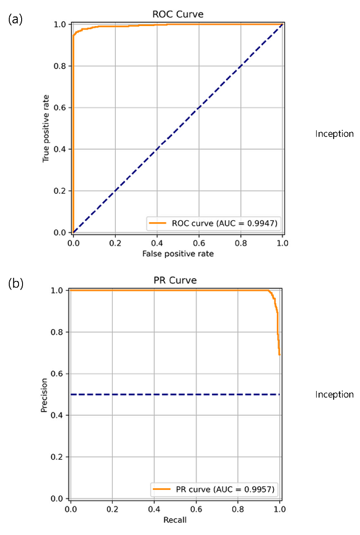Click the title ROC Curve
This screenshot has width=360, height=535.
coord(178,14)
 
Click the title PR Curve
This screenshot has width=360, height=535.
coord(175,280)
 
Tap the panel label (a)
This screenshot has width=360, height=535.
coord(15,19)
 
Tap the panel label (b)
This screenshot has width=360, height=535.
coord(16,284)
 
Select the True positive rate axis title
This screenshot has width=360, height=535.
coord(45,129)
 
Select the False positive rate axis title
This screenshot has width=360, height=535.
coord(178,254)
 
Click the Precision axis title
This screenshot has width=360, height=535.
coord(44,395)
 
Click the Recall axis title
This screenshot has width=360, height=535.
coord(175,520)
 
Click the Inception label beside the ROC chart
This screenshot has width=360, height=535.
coord(334,134)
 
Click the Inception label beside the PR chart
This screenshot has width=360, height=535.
coord(334,395)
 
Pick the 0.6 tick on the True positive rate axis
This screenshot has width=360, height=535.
coord(60,107)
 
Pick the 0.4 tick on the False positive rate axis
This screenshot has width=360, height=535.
coord(157,243)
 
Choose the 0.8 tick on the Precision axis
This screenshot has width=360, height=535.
coord(57,332)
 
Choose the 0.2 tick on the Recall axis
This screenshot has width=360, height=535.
coord(113,509)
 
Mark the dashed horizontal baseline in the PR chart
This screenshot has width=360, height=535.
coord(175,395)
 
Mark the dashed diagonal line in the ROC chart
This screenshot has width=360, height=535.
coord(178,128)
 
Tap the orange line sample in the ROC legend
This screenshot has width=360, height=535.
coord(158,223)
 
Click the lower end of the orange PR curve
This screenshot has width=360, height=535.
coord(279,355)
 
